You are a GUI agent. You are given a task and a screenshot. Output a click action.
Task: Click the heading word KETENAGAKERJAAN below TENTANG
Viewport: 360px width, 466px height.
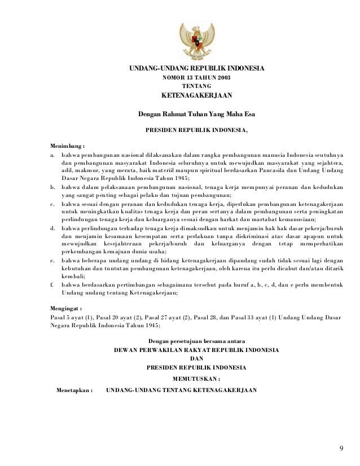tap(196, 95)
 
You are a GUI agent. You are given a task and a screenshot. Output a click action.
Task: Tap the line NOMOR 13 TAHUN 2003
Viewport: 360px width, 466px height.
tap(196, 77)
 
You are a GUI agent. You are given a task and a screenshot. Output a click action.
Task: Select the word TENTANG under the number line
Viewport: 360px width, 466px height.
tap(196, 85)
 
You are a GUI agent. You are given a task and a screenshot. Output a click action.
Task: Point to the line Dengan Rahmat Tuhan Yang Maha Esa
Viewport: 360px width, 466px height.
tap(196, 115)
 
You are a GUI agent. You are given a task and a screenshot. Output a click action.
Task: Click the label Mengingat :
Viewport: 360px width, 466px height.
tap(65, 309)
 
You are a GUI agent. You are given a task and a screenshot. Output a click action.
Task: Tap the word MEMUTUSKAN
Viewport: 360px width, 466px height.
tap(195, 379)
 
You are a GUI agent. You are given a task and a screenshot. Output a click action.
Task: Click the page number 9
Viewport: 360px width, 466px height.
tap(341, 449)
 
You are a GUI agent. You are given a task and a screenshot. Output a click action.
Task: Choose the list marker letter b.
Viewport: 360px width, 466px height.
tap(52, 186)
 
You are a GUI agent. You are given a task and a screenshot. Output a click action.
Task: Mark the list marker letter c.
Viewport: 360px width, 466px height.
tap(52, 203)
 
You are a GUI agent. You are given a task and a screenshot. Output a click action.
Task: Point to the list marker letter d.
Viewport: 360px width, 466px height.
tap(52, 227)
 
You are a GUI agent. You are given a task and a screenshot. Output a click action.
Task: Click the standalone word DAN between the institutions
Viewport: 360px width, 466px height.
tap(196, 358)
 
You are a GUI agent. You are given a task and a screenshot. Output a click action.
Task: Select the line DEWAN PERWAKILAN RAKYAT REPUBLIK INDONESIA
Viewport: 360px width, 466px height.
tap(196, 350)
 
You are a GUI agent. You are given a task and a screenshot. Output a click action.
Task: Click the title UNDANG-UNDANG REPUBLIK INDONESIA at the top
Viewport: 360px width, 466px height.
tap(196, 69)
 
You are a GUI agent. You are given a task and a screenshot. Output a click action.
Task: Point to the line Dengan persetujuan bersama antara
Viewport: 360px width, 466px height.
tap(196, 341)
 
